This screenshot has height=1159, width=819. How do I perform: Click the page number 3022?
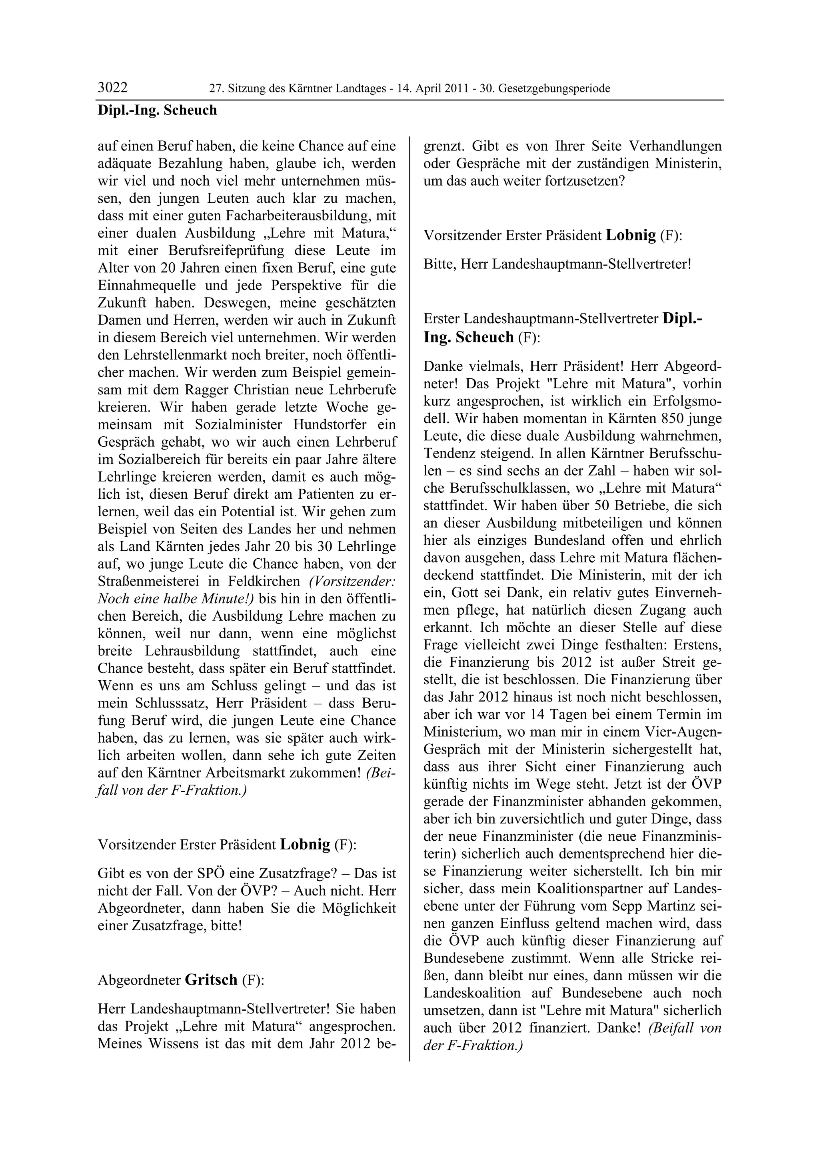click(112, 88)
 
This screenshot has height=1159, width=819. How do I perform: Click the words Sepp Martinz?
click(651, 906)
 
